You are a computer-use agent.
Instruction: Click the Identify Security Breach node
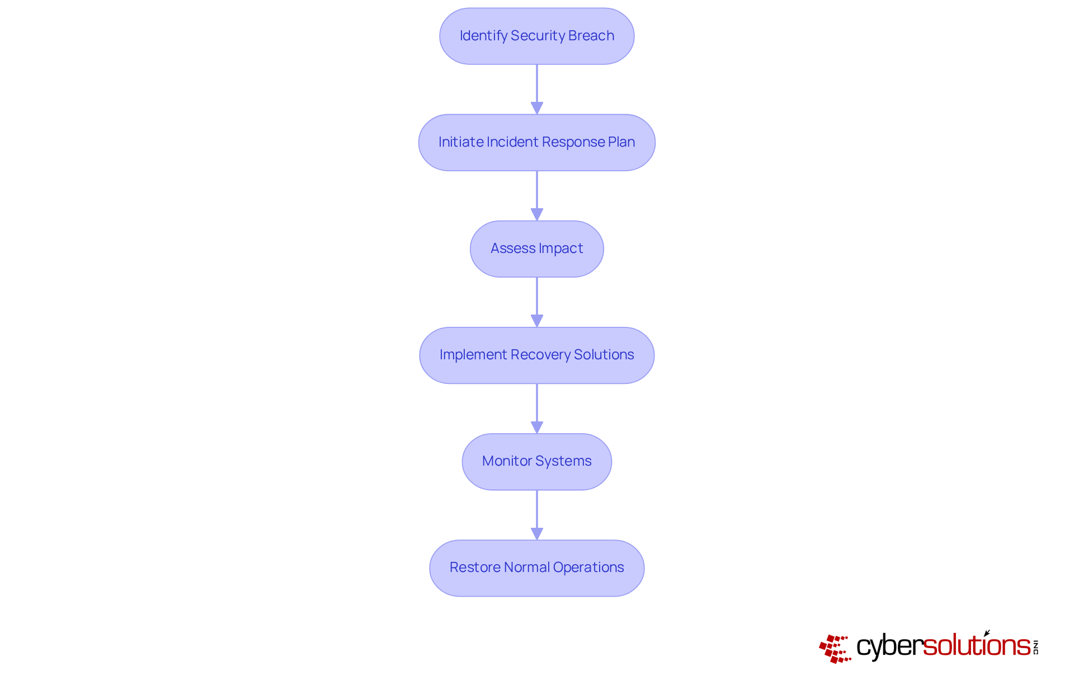[x=536, y=36]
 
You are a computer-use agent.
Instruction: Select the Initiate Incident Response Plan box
[x=536, y=143]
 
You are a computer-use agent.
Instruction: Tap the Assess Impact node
[x=536, y=249]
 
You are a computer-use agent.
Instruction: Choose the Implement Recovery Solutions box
[x=536, y=355]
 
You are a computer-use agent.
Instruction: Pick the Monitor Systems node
[x=536, y=462]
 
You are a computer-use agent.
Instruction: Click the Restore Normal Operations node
[x=536, y=568]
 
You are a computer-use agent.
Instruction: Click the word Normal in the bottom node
[x=526, y=568]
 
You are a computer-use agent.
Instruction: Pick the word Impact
[x=560, y=248]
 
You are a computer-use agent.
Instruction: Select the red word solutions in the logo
[x=976, y=646]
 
